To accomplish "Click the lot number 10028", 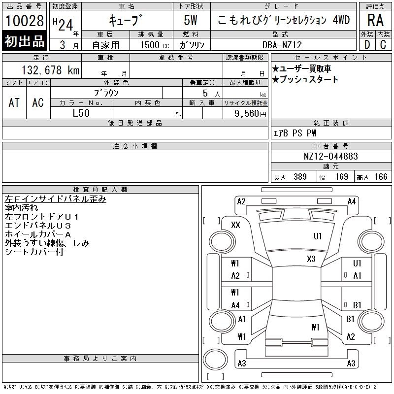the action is pyautogui.click(x=24, y=20).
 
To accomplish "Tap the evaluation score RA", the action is pyautogui.click(x=375, y=20).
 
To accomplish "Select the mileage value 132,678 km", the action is pyautogui.click(x=50, y=70).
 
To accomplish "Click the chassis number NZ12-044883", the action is pyautogui.click(x=330, y=156).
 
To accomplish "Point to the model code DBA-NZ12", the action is pyautogui.click(x=282, y=45).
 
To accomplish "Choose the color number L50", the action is pyautogui.click(x=81, y=113).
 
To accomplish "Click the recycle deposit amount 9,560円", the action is pyautogui.click(x=250, y=114).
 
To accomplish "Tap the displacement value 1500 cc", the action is pyautogui.click(x=155, y=45).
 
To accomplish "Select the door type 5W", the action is pyautogui.click(x=191, y=20).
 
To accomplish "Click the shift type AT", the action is pyautogui.click(x=14, y=102).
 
